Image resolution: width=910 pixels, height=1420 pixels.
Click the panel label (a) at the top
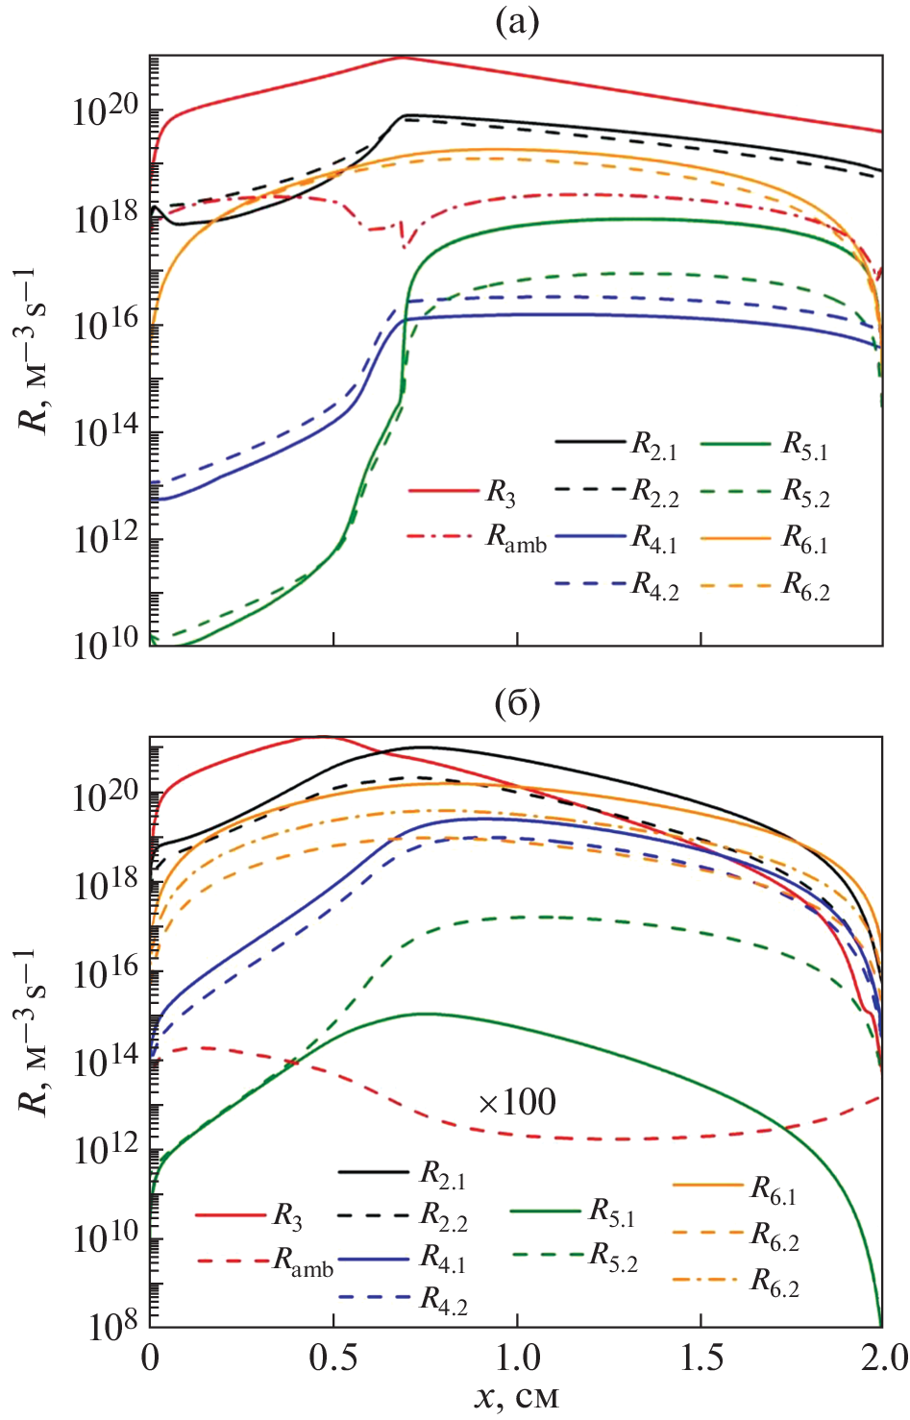pos(516,21)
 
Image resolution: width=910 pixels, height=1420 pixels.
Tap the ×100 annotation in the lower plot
pos(517,1102)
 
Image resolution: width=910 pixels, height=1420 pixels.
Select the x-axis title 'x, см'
pos(516,1395)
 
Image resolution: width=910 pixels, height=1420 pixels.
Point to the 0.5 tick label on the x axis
pos(333,1358)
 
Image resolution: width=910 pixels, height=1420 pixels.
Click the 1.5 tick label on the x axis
pos(701,1358)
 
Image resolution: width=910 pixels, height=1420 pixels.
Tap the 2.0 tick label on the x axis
pos(882,1358)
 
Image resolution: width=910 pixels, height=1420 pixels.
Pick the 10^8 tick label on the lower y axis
pos(113,1326)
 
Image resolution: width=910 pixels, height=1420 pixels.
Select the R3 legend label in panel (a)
pos(500,493)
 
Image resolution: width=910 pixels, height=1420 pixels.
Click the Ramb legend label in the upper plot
pos(516,538)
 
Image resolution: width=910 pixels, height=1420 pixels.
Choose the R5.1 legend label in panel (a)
pos(805,445)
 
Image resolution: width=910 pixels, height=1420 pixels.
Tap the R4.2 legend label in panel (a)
pos(654,586)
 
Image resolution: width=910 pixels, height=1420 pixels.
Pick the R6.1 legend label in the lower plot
pos(774,1189)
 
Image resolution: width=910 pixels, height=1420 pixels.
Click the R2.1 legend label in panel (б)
pos(443,1174)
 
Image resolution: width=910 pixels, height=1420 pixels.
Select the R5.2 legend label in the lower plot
pos(613,1257)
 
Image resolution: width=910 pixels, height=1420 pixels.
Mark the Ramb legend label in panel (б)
pos(304,1261)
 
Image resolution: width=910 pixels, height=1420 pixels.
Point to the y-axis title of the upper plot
pos(36,351)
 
